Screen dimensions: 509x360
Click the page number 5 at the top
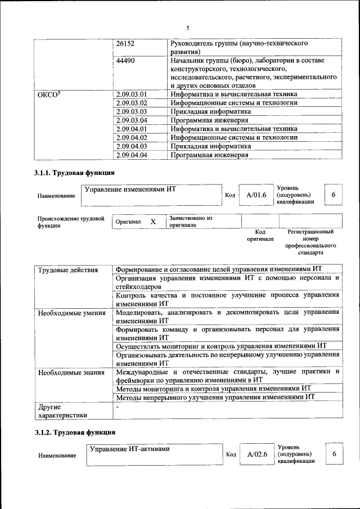point(188,28)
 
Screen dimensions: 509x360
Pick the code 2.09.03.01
point(131,94)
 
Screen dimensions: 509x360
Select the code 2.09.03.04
point(131,120)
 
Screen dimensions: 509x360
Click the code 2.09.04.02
point(131,137)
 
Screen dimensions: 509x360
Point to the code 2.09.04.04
point(131,155)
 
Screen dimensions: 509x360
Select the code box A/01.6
point(255,195)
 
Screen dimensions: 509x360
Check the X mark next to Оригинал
point(153,222)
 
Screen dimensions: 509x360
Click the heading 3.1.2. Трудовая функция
point(74,433)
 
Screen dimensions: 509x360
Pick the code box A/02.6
point(256,454)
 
